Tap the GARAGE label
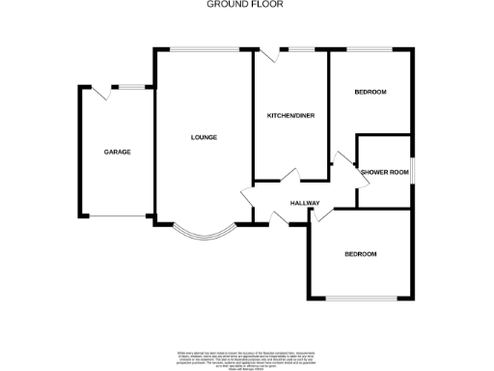point(118,152)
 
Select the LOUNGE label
point(204,137)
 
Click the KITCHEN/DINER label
point(290,116)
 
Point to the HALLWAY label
point(304,202)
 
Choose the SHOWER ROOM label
point(385,172)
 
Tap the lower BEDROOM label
point(361,254)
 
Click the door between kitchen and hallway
point(288,177)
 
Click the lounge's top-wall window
point(205,48)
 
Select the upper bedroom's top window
point(370,48)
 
